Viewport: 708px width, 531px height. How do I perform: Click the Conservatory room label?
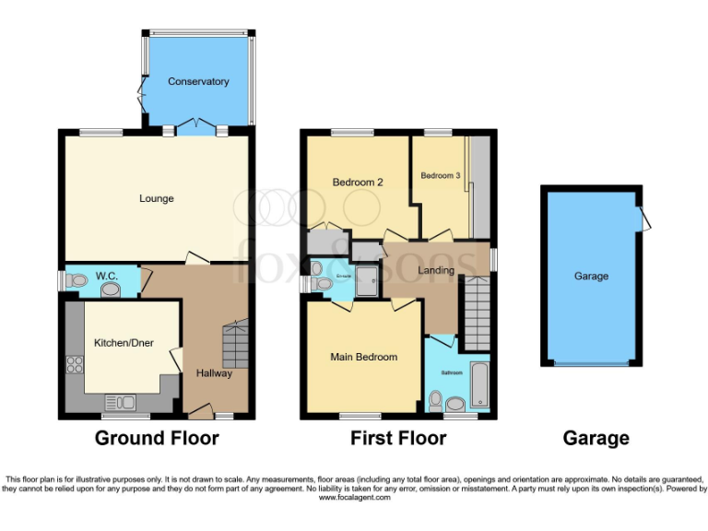click(x=198, y=82)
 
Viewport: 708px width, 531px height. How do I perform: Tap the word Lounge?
click(x=157, y=198)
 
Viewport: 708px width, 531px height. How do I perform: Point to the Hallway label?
click(x=214, y=373)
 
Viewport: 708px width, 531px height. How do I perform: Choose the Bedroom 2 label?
click(x=358, y=183)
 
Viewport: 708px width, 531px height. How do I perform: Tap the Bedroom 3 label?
click(x=440, y=175)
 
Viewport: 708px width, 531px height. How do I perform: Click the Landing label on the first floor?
click(x=436, y=270)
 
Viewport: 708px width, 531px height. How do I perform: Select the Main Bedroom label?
click(x=364, y=357)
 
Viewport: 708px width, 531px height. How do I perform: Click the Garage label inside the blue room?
click(x=591, y=276)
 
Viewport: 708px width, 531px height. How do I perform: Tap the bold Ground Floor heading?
click(x=157, y=438)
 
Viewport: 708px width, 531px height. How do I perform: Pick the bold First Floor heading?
click(x=398, y=438)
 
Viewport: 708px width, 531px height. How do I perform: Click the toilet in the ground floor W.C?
click(x=112, y=289)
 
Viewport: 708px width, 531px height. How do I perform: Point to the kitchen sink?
click(x=121, y=401)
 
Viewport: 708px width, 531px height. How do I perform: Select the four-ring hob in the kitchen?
click(x=74, y=364)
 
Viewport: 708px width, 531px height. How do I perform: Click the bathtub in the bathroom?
click(x=481, y=385)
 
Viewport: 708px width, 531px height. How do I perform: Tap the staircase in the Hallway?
click(x=236, y=341)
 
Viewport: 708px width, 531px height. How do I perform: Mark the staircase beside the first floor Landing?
click(x=476, y=313)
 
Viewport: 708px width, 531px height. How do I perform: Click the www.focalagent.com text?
click(x=354, y=498)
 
